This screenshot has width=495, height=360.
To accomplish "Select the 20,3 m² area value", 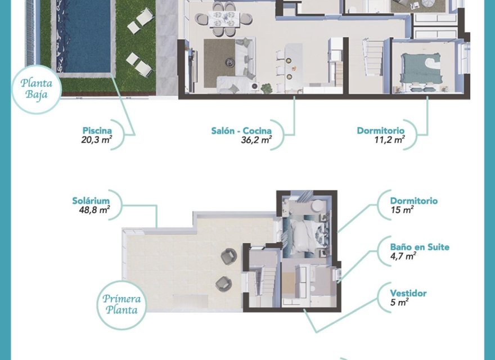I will tap(97, 141).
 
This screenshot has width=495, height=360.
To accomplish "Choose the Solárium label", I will tap(91, 200).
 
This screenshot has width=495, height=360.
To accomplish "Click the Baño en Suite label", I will tap(420, 247).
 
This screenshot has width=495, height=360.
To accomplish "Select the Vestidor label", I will tap(408, 293).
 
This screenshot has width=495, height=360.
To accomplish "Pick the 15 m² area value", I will tap(402, 210).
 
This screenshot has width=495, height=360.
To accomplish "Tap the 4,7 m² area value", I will tap(403, 256).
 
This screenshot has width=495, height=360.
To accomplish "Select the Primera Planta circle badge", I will tap(121, 304).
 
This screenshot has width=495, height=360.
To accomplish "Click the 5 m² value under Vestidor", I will tap(399, 303).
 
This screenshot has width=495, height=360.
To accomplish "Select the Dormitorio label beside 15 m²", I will tap(414, 201).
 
